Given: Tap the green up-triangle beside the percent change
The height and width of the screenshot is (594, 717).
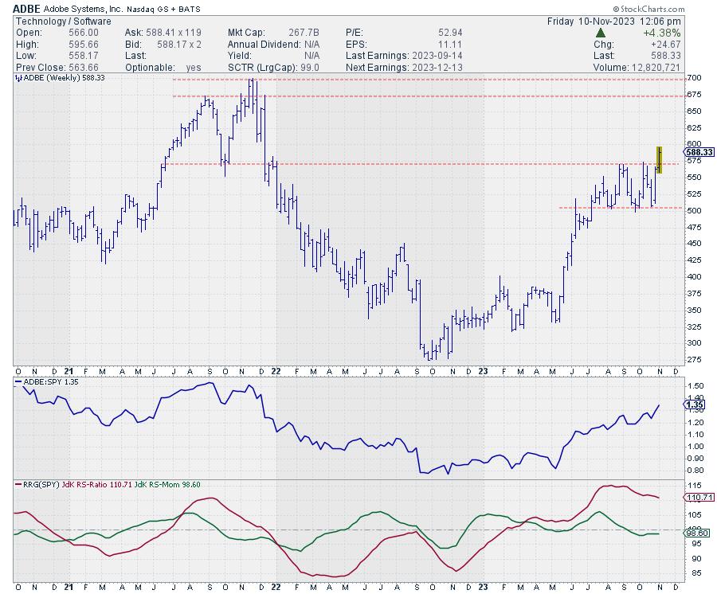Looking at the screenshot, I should pos(601,33).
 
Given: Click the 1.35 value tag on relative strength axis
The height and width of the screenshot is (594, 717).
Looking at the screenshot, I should pos(693,404).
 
